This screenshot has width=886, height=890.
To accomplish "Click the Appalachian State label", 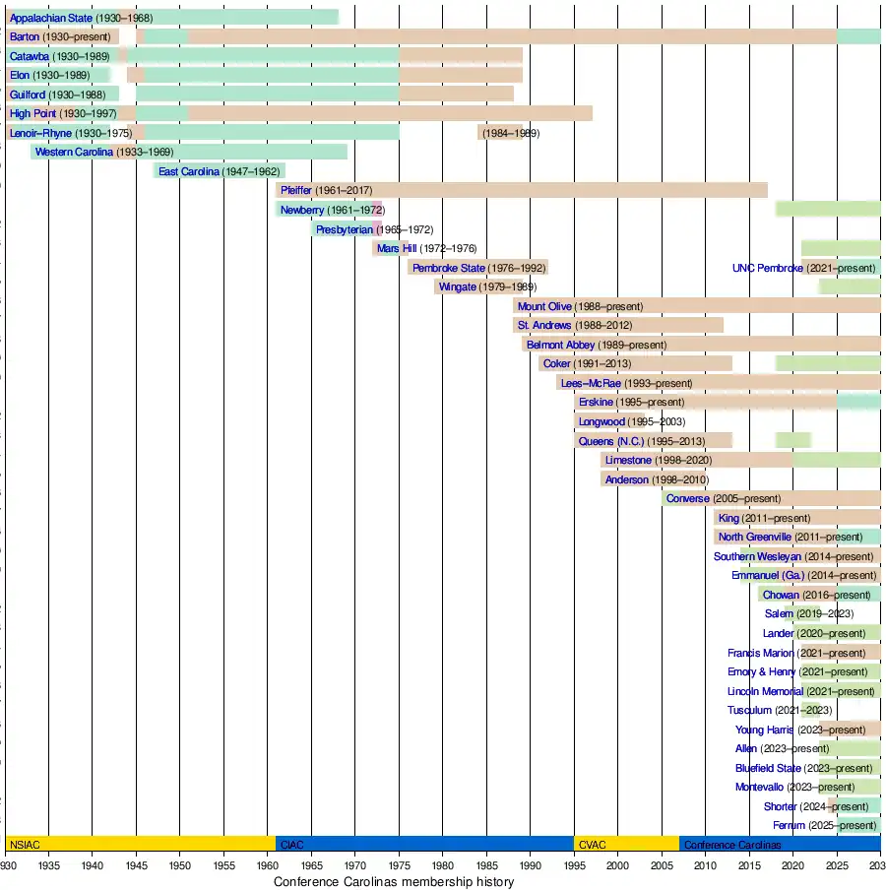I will (51, 18).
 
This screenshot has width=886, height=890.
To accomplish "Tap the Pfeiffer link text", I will (295, 190).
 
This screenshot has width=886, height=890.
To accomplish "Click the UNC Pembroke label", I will (768, 268).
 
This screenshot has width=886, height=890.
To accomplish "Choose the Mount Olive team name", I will (544, 306).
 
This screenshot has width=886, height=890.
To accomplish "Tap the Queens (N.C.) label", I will (609, 441).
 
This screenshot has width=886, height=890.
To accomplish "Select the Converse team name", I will (688, 498).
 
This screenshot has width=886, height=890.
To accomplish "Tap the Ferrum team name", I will (790, 825).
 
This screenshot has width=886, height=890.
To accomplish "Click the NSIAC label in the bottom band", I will (23, 845).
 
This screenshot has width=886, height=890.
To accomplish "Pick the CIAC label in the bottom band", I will (292, 845).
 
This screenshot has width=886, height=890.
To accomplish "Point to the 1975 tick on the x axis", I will (399, 865).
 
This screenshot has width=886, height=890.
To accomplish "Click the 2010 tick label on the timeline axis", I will (705, 865).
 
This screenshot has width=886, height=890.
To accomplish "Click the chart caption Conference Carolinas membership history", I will (393, 882).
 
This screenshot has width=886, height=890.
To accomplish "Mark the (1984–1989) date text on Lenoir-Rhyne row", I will (509, 133).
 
